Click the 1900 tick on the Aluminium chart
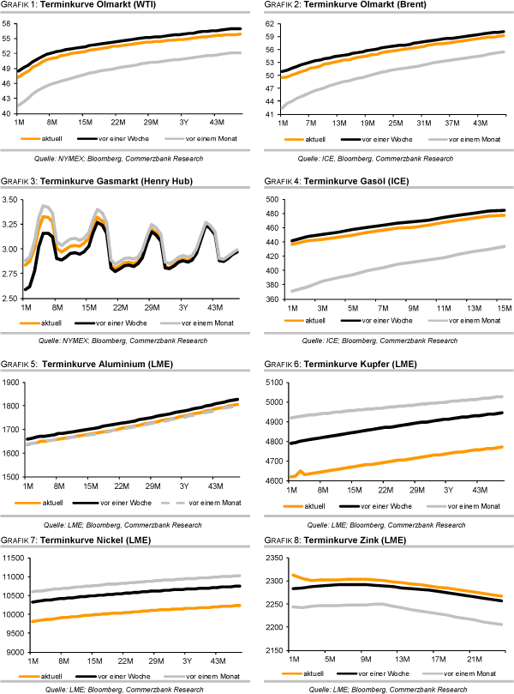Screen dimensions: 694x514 tap(11, 382)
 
